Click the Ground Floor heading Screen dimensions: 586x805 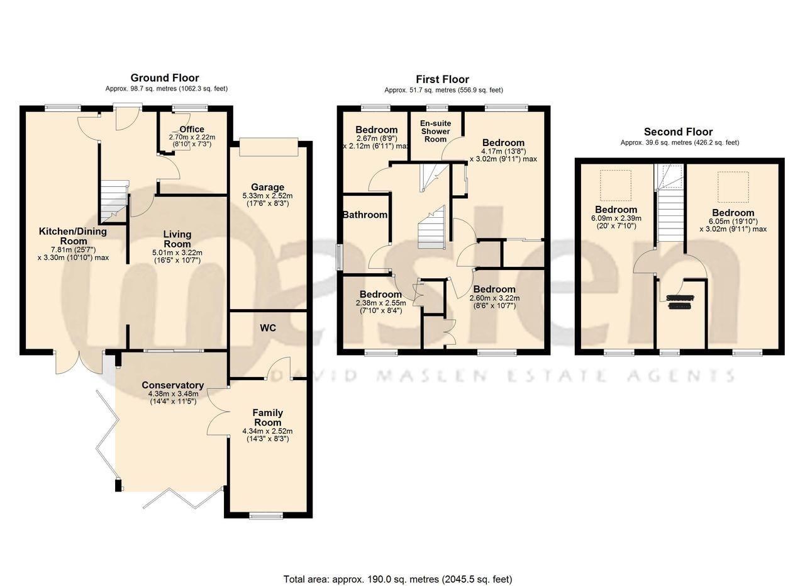(x=165, y=78)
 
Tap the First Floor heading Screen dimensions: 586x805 (x=442, y=79)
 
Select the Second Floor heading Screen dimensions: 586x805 (x=678, y=132)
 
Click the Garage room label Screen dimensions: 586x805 (x=267, y=187)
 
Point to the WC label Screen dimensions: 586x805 (x=268, y=328)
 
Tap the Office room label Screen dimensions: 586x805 (x=192, y=130)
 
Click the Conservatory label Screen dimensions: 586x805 (x=172, y=385)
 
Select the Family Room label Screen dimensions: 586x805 (x=267, y=417)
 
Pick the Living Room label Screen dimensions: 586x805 (x=177, y=239)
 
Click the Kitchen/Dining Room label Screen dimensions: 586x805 (x=73, y=236)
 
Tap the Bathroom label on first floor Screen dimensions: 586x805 (x=365, y=215)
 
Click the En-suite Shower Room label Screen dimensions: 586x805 (x=435, y=132)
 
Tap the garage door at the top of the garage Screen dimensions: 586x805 (x=268, y=145)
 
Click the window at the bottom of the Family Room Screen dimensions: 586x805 (x=266, y=516)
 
